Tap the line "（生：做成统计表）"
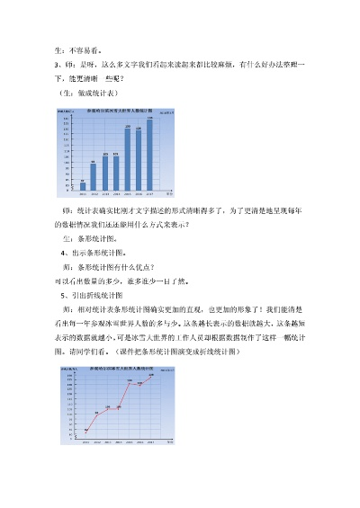pos(91,93)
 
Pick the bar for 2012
pos(94,176)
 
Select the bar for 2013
pos(105,172)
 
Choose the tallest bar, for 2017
pos(149,155)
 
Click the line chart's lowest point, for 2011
pos(85,431)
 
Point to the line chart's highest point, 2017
pos(150,376)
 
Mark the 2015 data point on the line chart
pos(129,381)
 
